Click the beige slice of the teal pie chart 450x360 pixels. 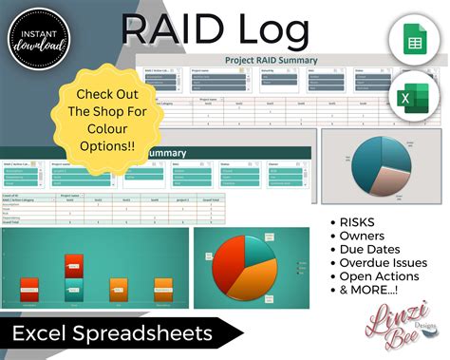pos(380,185)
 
